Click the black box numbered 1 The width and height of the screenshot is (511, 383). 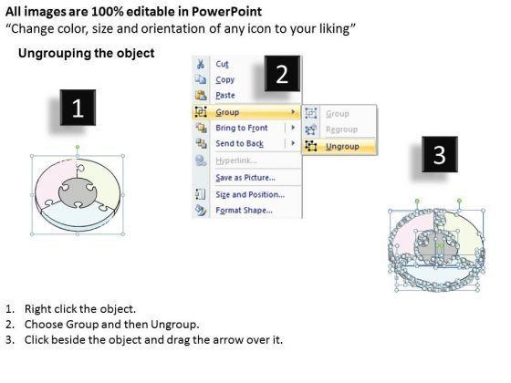tap(78, 108)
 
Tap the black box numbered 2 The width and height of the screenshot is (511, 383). tap(282, 74)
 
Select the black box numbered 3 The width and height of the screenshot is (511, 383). tap(440, 154)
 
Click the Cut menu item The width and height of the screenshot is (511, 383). tap(222, 64)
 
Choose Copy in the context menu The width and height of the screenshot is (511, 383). tap(224, 80)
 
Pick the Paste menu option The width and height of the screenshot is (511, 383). tap(225, 95)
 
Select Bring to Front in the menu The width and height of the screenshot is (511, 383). tap(242, 128)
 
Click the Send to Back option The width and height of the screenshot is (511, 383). tap(239, 144)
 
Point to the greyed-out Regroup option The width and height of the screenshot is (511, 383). tap(341, 129)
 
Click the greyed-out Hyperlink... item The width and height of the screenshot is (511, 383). tap(236, 160)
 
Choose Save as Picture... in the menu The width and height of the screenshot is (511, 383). tap(245, 178)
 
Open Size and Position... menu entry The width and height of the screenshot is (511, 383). tap(250, 194)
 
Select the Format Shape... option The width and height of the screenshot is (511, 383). tap(245, 211)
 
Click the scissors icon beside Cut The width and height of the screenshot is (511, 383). tap(201, 64)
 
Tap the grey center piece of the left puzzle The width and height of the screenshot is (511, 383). tap(78, 192)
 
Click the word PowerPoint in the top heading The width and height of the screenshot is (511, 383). tap(226, 12)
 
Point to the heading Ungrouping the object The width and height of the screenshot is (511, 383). tap(87, 53)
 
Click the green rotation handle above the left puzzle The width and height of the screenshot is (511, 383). tap(78, 148)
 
